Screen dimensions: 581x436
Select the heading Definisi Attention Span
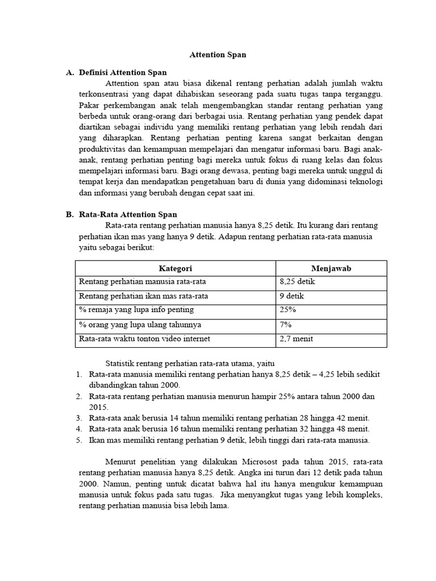tap(123, 72)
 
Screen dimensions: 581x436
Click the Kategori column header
tap(175, 268)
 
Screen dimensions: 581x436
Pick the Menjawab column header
tap(331, 268)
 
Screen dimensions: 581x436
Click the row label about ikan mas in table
tap(144, 296)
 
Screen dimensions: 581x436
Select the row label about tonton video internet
tap(145, 339)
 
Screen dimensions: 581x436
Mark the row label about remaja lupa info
tap(136, 310)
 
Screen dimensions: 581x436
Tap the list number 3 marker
tap(78, 418)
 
